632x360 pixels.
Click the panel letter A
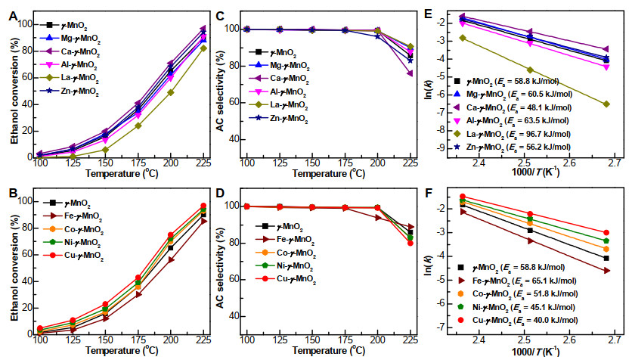[14, 16]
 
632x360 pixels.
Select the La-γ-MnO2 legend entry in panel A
[70, 78]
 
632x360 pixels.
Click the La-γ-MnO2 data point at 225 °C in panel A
[203, 48]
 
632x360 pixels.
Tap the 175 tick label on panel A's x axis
[138, 163]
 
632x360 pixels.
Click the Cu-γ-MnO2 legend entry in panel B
[73, 256]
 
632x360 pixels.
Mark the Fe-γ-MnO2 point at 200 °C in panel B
[172, 259]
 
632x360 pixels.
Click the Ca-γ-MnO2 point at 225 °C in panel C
[410, 73]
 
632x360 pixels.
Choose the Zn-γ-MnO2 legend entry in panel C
[278, 118]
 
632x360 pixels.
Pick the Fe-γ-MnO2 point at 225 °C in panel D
[410, 227]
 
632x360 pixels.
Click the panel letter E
[428, 14]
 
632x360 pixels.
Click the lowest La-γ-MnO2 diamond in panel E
[606, 104]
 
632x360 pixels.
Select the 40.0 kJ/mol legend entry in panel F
[518, 320]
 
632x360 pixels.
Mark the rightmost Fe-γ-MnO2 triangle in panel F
[606, 271]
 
